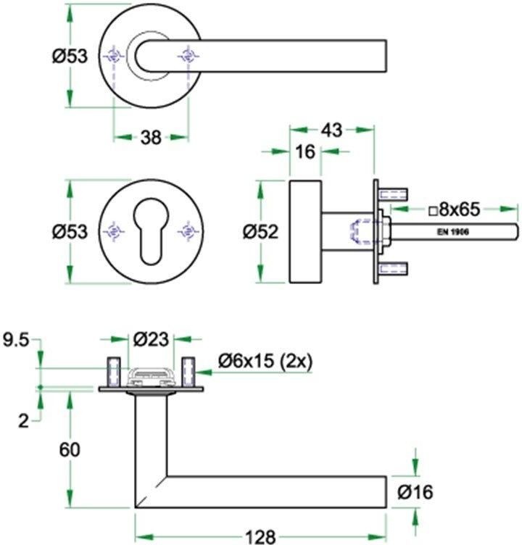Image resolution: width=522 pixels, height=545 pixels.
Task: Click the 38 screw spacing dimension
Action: [151, 138]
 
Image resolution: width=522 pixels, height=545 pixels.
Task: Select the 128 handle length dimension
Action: [260, 536]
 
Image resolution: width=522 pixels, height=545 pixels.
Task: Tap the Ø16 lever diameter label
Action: [415, 492]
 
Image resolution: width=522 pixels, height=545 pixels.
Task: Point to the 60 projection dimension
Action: [70, 450]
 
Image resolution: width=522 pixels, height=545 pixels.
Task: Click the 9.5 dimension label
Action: [16, 340]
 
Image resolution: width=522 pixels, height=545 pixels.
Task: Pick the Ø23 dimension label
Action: [151, 339]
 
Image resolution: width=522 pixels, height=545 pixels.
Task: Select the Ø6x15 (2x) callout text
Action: [265, 362]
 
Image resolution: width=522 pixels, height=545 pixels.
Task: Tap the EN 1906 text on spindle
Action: [453, 232]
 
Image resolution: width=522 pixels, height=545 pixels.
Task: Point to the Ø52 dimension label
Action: [260, 231]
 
